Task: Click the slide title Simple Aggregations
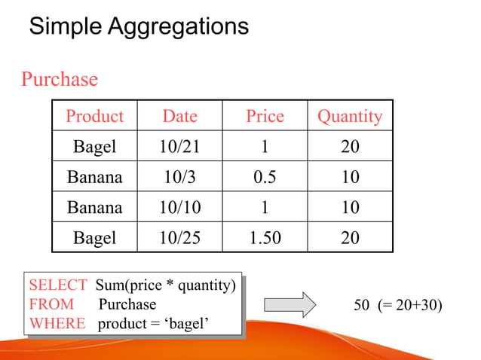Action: tap(138, 27)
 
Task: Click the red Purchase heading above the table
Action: tap(59, 79)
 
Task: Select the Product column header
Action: tap(94, 116)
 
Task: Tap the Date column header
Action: tap(179, 116)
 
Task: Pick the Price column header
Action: tap(265, 116)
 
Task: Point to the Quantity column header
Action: tap(349, 116)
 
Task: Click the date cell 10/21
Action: tap(179, 147)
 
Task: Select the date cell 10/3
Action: tap(179, 177)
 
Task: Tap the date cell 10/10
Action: tap(179, 207)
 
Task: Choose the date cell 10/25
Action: tap(179, 238)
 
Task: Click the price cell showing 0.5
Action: tap(265, 177)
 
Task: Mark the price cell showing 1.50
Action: tap(265, 238)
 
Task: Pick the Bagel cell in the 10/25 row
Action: tap(94, 238)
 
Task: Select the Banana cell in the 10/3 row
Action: tap(94, 177)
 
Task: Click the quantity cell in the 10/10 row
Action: tap(349, 207)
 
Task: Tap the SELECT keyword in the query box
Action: tap(57, 285)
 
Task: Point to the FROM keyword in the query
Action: tap(51, 304)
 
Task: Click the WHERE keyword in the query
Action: tap(57, 324)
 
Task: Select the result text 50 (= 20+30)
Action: tap(398, 305)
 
